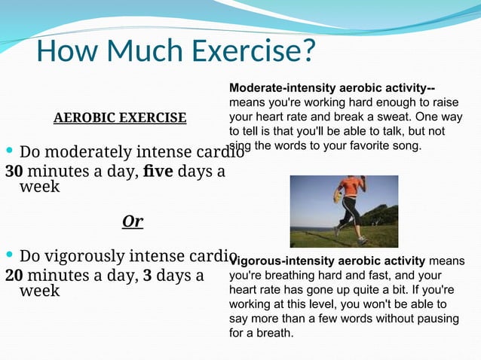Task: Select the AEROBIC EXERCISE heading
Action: coord(120,117)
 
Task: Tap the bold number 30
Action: coord(15,171)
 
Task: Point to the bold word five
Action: coord(158,171)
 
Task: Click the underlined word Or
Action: coord(133,221)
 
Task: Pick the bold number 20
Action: coord(15,275)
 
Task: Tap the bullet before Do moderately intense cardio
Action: coord(9,151)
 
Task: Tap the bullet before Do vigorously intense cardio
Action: coord(9,255)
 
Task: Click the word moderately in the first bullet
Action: coord(85,151)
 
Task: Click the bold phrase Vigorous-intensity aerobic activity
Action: coord(329,261)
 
